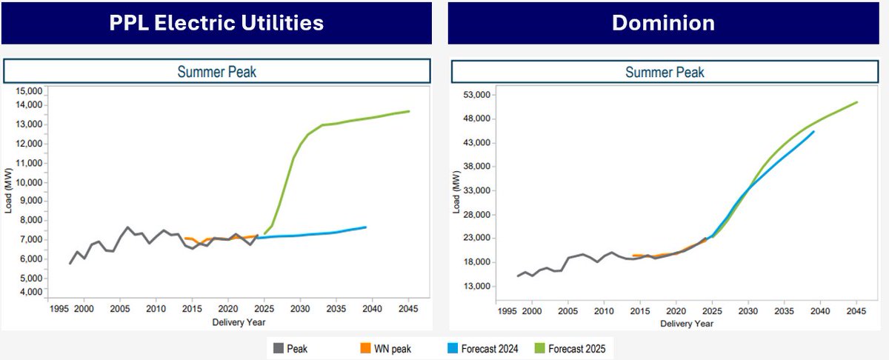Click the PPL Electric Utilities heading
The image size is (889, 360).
click(x=216, y=23)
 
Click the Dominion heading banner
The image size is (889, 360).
click(x=663, y=23)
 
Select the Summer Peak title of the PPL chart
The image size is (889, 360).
click(x=216, y=71)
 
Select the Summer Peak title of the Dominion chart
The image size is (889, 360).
click(x=665, y=72)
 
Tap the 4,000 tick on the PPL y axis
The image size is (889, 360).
click(x=30, y=292)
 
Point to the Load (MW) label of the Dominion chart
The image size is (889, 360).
click(x=457, y=190)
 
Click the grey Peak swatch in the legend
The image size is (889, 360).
click(x=279, y=347)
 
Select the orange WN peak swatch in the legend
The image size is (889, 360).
click(x=364, y=347)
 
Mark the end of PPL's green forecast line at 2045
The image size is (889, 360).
click(x=409, y=111)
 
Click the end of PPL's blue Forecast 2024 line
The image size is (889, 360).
click(x=365, y=227)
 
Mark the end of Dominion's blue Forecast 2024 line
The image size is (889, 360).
click(x=813, y=132)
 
